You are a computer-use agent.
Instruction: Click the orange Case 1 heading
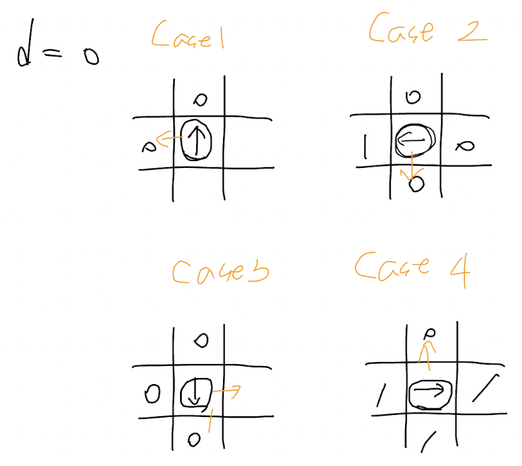(x=187, y=35)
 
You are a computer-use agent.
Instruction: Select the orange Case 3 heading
(x=219, y=270)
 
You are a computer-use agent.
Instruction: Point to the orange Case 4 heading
(x=411, y=267)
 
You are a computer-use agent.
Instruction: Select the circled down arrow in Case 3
(x=195, y=392)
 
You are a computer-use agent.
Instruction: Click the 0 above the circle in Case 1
(x=200, y=100)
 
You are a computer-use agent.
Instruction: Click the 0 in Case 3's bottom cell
(x=194, y=440)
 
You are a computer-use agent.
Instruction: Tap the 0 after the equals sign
(x=88, y=57)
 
